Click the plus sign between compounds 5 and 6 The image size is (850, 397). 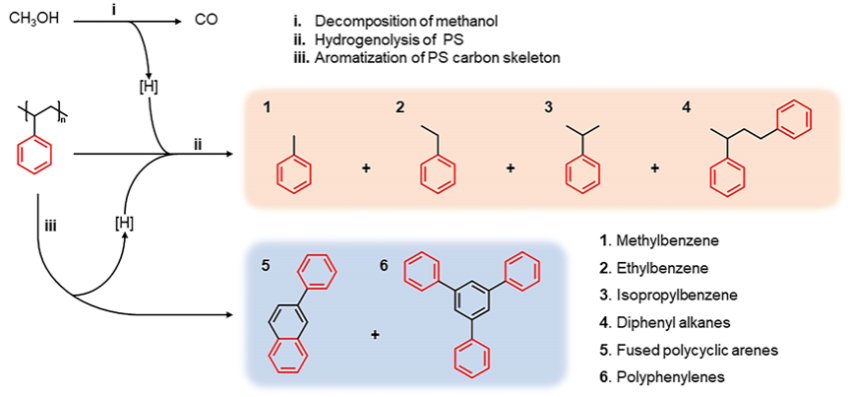[x=376, y=335]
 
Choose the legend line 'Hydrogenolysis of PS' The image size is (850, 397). [x=392, y=39]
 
